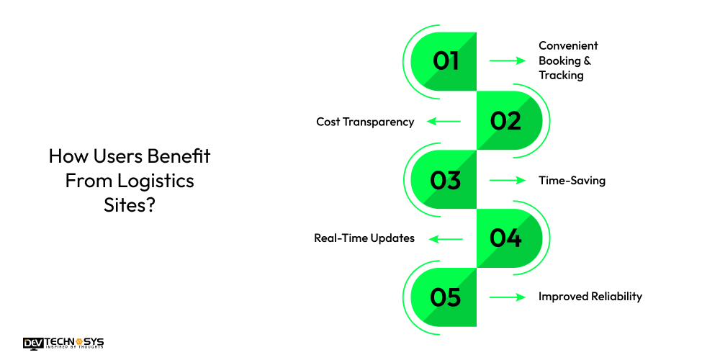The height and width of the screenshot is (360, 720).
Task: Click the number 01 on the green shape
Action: click(x=446, y=61)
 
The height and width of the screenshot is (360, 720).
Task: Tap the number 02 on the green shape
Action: click(x=505, y=121)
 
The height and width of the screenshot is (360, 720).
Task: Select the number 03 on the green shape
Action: click(x=446, y=180)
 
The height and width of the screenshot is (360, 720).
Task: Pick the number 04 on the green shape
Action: click(x=505, y=238)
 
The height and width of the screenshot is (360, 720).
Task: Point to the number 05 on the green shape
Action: click(x=446, y=297)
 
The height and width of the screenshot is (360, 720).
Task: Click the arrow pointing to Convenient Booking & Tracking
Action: click(x=508, y=60)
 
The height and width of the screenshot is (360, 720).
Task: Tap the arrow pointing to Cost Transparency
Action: click(x=444, y=121)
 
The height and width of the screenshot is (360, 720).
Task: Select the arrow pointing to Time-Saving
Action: click(x=508, y=181)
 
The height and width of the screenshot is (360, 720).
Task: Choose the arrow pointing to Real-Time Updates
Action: click(x=446, y=239)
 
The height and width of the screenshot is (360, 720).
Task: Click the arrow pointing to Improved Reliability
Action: click(x=508, y=297)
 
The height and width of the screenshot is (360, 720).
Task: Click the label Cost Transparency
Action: click(x=365, y=122)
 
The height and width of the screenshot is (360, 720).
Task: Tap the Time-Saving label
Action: click(x=572, y=181)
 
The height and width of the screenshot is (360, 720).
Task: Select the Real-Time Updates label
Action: click(x=364, y=238)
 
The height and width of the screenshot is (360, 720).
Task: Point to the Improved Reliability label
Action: click(x=590, y=297)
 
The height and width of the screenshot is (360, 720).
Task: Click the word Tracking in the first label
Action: click(x=561, y=76)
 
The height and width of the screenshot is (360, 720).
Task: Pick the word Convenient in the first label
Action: click(x=569, y=46)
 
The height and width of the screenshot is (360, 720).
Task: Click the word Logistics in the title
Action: click(x=156, y=181)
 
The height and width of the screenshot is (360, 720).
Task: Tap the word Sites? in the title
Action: click(x=130, y=205)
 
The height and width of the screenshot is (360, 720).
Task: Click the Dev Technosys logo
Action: click(x=63, y=343)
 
